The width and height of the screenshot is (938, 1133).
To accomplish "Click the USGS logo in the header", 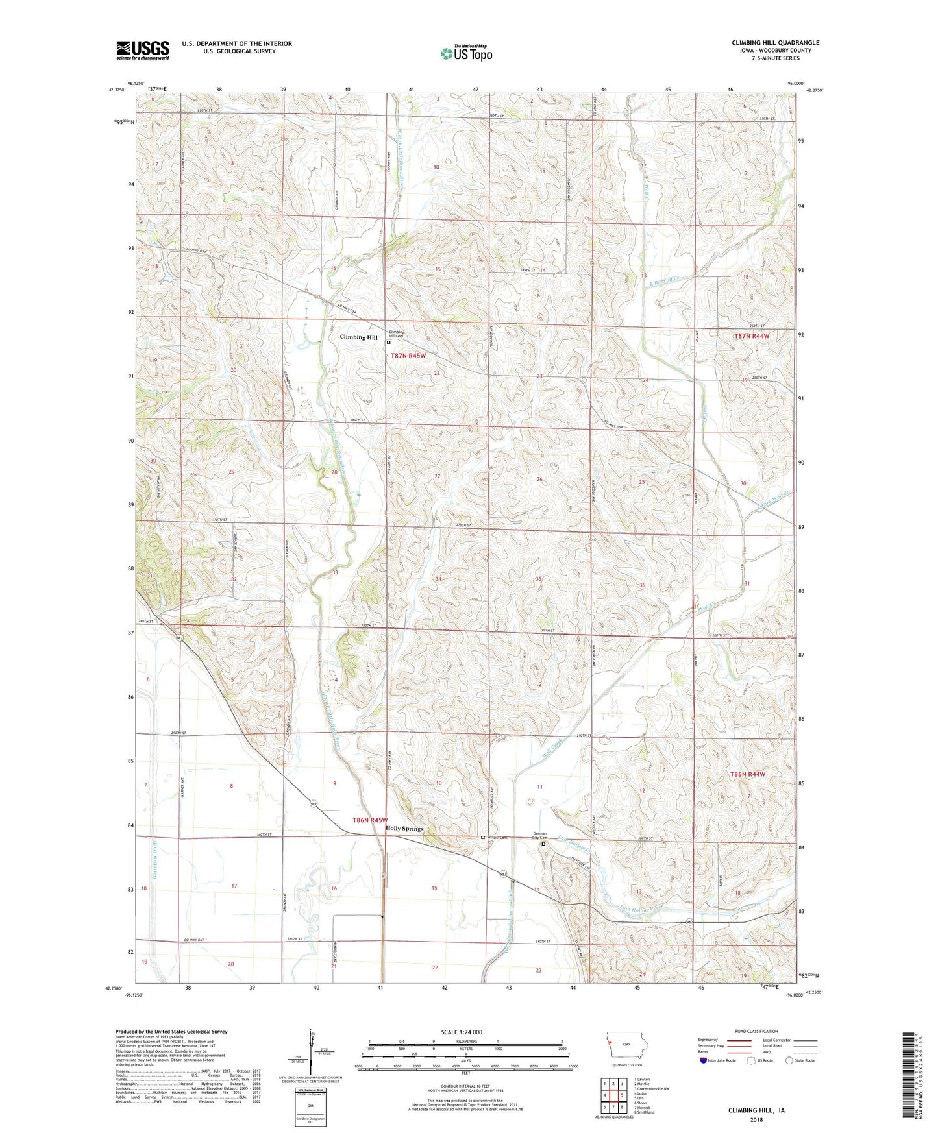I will click(142, 50).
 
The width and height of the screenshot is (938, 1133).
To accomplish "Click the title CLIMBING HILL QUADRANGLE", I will click(775, 43).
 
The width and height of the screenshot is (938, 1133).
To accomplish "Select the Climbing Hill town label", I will click(358, 337).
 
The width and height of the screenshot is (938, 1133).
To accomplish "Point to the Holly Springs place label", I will click(404, 829).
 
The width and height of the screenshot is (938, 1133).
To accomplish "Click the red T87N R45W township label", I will click(408, 356).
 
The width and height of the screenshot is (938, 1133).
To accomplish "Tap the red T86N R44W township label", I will click(748, 774).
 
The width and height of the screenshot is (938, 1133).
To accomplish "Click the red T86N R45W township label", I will click(369, 820).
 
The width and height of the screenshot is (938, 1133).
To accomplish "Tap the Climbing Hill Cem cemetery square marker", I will click(389, 342).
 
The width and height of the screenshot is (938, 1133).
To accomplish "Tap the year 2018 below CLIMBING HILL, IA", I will click(756, 1119).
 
